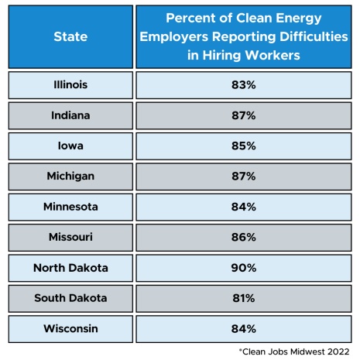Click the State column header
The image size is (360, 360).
point(70,36)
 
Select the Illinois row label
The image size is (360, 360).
point(70,84)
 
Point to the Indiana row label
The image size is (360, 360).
point(70,115)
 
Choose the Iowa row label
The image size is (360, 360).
point(70,146)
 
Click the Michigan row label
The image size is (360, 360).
point(70,176)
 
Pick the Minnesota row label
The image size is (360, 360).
point(70,207)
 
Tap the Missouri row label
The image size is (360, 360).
point(70,237)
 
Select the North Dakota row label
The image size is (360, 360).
point(70,268)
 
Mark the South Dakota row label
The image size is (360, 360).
point(70,298)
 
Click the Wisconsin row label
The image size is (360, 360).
point(70,328)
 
